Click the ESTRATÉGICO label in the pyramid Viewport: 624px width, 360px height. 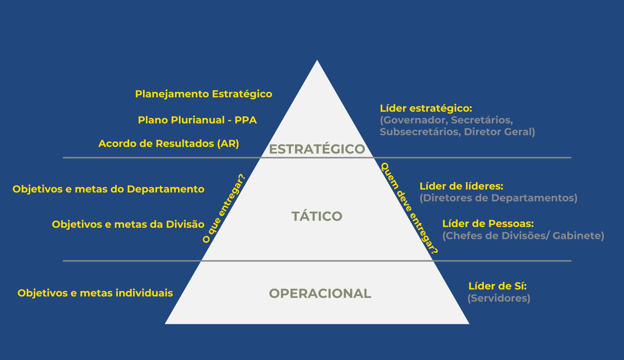(317, 149)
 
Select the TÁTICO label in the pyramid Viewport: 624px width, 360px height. (317, 216)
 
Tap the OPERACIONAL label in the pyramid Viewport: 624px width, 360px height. (320, 294)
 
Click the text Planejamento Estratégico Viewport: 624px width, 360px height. (204, 94)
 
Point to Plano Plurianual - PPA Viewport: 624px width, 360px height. (197, 120)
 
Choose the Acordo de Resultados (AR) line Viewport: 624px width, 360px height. (169, 144)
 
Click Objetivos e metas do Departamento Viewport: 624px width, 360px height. (108, 189)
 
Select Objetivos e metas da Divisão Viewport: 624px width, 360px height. (128, 224)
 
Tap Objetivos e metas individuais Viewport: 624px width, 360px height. (95, 293)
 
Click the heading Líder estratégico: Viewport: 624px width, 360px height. (426, 108)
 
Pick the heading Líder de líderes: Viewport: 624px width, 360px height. (461, 186)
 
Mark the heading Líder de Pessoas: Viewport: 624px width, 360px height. (488, 224)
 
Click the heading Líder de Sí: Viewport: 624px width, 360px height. (497, 286)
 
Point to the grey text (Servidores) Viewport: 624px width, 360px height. (499, 298)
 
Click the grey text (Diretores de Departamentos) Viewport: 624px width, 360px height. (498, 198)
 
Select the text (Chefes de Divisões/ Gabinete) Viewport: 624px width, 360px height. (523, 235)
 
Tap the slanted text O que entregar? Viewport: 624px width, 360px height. (224, 208)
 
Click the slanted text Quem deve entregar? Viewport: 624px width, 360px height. (409, 208)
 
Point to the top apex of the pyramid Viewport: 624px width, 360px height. (317, 61)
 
